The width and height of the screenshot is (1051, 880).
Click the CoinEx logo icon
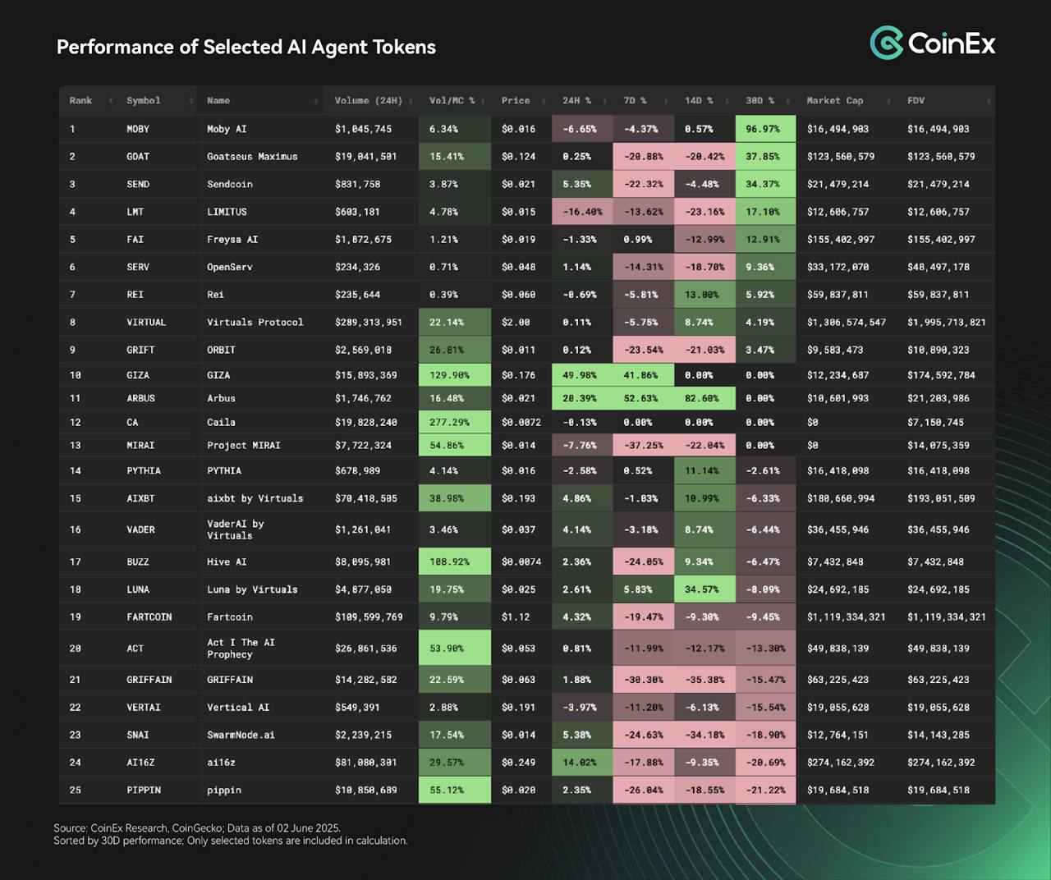886,43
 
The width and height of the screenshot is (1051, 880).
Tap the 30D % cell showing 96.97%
763,129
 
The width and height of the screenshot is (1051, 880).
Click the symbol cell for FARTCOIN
149,617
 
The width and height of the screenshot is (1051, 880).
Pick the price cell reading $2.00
516,323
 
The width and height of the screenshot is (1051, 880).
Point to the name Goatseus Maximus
252,157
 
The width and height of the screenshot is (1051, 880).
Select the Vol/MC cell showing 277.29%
449,423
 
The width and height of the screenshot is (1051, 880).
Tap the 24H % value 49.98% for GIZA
580,375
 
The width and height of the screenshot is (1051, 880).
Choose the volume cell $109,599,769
369,617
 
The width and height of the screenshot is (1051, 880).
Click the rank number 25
75,791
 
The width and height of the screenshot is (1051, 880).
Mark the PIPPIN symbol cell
144,791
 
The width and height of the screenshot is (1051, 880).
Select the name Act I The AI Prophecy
241,649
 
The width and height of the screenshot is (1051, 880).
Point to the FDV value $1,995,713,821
947,323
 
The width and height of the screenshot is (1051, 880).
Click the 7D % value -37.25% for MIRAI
643,446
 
